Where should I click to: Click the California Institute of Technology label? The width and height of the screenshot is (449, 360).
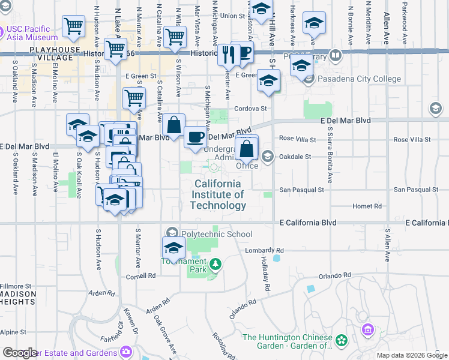click(217, 194)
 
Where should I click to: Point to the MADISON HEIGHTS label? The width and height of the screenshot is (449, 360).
click(17, 298)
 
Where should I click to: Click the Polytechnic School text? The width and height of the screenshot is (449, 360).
click(209, 234)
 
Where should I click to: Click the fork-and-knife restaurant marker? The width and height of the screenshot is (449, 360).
click(228, 55)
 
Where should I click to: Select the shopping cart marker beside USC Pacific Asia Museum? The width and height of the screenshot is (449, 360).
click(74, 26)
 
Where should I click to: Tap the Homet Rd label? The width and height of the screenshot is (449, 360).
click(368, 206)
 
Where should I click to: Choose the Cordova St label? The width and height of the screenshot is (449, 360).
click(250, 109)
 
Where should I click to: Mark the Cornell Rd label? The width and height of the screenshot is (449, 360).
click(141, 276)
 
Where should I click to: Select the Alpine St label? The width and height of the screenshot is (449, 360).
click(13, 332)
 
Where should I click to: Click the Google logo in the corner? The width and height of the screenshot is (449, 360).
click(20, 353)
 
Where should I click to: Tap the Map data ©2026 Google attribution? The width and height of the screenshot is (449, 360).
click(412, 355)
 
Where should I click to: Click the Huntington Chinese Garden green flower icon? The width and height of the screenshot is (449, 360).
click(342, 341)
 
